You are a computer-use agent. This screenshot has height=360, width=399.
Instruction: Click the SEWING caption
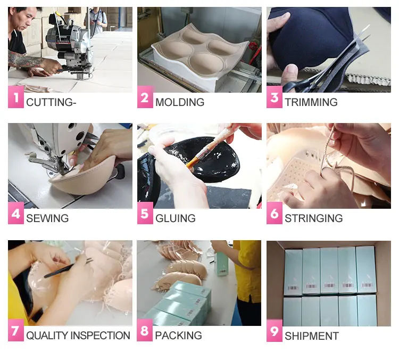click(47, 218)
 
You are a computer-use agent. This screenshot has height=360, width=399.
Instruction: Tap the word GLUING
click(176, 218)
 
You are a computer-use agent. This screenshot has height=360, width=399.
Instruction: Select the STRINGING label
click(314, 218)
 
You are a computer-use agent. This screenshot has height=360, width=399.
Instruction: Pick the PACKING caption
click(179, 336)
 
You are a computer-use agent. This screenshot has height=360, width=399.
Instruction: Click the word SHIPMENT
click(312, 336)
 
